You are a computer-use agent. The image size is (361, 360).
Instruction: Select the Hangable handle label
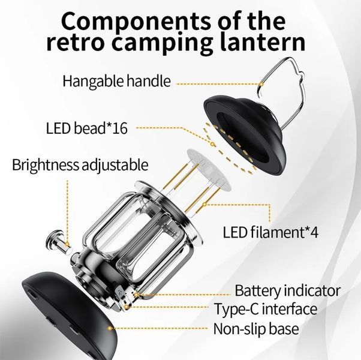(x=117, y=81)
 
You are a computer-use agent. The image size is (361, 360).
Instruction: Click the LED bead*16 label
(x=86, y=128)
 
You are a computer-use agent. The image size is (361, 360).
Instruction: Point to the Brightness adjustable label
(x=80, y=165)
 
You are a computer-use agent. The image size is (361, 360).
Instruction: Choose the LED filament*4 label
(x=270, y=232)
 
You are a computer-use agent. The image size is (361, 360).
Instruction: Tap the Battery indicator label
(x=287, y=290)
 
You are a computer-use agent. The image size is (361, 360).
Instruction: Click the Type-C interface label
(x=266, y=308)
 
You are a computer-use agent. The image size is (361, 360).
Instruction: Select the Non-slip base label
(x=256, y=329)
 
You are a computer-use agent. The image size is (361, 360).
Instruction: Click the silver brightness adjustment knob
(x=58, y=242)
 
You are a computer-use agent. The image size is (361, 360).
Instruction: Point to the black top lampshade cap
(x=245, y=133)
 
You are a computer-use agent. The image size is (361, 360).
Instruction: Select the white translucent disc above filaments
(x=209, y=169)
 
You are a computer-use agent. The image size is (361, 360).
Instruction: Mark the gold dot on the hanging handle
(x=261, y=84)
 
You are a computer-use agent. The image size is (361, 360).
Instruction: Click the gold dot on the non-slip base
(x=110, y=328)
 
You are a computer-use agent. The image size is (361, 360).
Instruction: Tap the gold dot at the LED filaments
(x=204, y=204)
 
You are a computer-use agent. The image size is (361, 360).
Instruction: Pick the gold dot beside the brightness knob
(x=67, y=244)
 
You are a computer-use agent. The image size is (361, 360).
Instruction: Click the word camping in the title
(x=163, y=43)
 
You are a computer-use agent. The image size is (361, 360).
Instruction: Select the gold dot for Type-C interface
(x=127, y=307)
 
